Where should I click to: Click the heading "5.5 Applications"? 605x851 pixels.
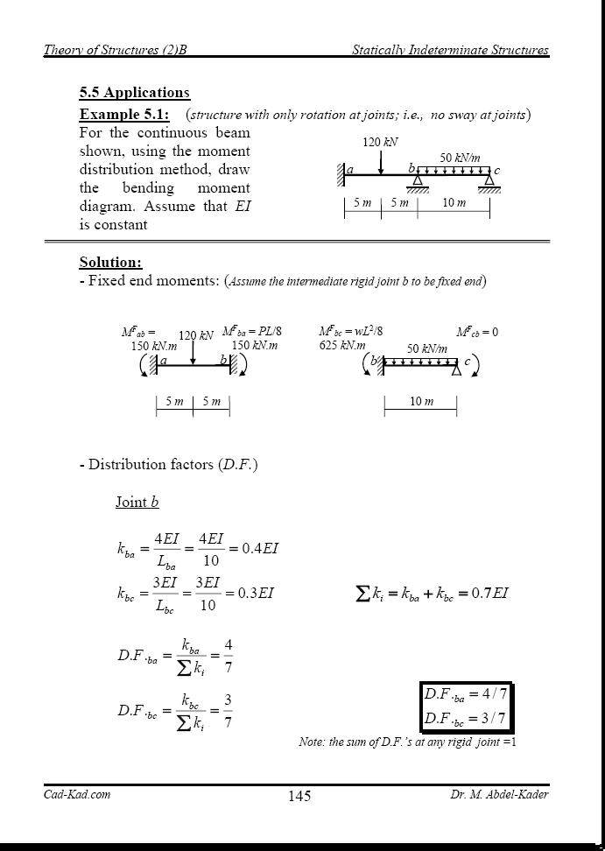(x=134, y=93)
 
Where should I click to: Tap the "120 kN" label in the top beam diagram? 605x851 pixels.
(x=380, y=142)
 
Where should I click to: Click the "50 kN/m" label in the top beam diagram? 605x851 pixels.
(x=460, y=158)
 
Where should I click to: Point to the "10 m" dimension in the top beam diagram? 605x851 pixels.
(x=454, y=203)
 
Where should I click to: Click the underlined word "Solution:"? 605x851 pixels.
(x=110, y=263)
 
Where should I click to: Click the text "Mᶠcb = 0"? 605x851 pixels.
(x=477, y=332)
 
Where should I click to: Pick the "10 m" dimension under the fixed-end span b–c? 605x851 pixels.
(x=422, y=402)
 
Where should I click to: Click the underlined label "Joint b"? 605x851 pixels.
(x=137, y=503)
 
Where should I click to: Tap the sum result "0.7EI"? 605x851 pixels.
(x=489, y=594)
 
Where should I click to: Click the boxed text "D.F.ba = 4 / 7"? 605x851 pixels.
(x=465, y=695)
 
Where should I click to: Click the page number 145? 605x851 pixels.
(x=299, y=796)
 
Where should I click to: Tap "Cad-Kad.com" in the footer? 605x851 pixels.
(x=77, y=794)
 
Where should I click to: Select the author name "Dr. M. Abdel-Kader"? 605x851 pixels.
(x=499, y=794)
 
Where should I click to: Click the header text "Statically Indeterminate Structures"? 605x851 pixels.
(x=450, y=50)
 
